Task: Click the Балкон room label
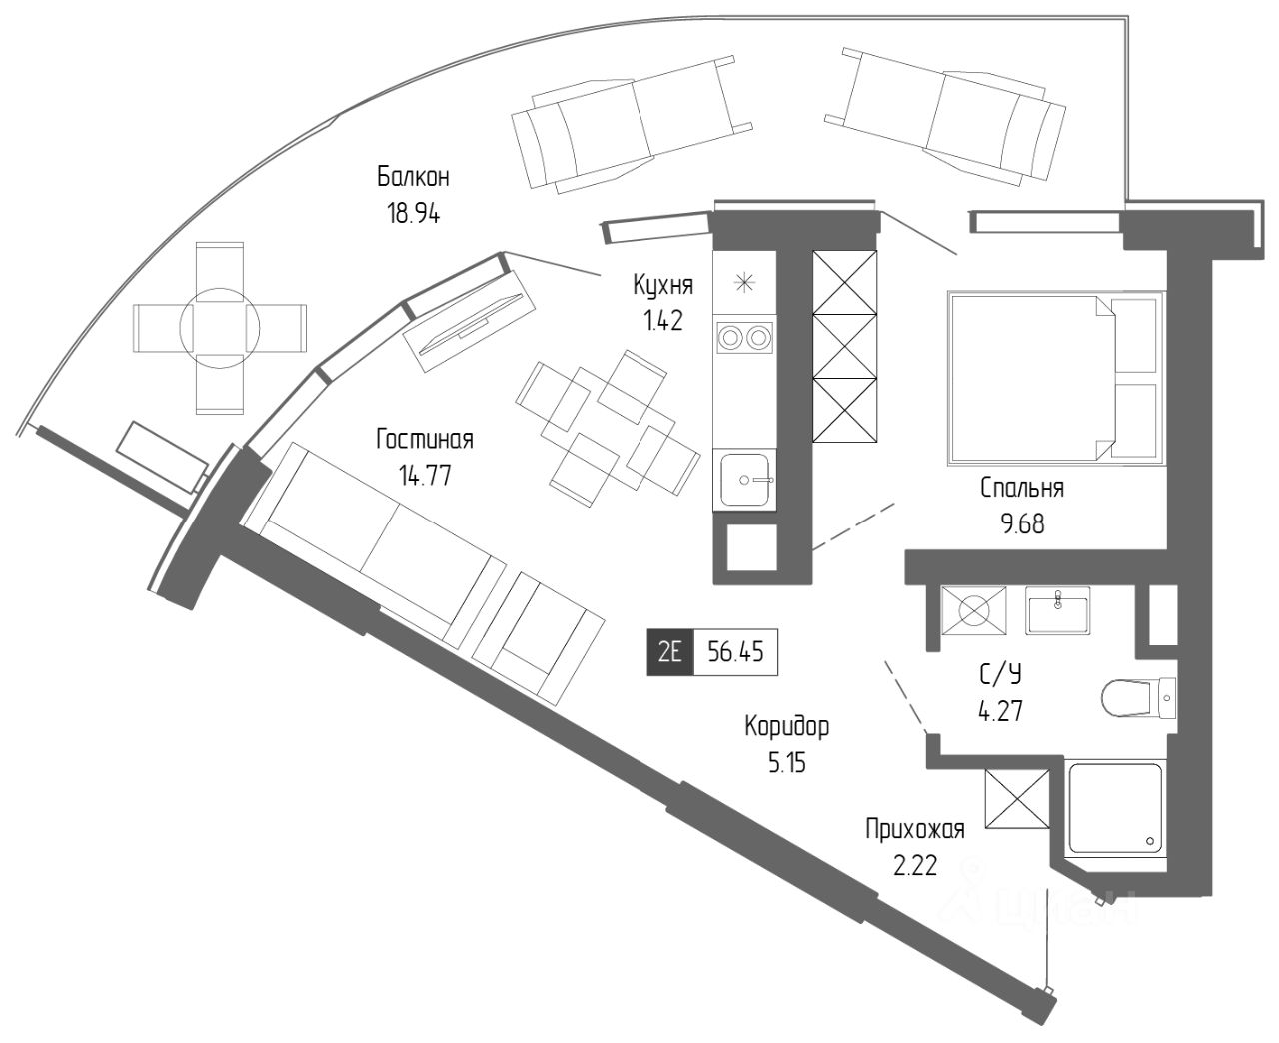pos(413,178)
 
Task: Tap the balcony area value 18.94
pos(413,213)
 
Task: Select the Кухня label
pos(662,286)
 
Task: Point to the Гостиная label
pos(425,440)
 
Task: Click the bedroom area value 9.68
pos(1022,523)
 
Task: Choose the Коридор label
pos(786,727)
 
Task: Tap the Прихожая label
pos(914,829)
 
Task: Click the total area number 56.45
pos(735,653)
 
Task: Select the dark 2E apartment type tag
pos(669,653)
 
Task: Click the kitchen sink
pos(745,480)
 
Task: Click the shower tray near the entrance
pos(1115,809)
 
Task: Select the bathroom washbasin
pos(1058,609)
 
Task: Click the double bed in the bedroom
pos(1054,377)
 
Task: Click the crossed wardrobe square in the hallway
pos(1017,799)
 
